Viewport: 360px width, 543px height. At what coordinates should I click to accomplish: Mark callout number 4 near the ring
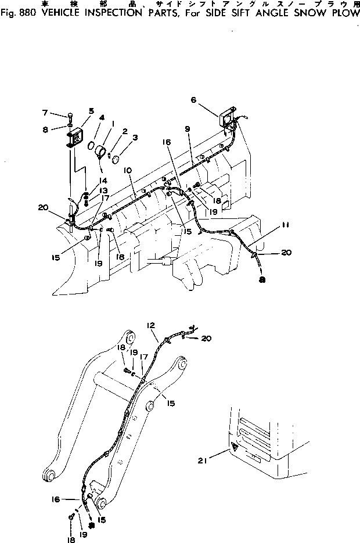(102, 117)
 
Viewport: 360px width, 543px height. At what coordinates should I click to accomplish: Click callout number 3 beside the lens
(135, 138)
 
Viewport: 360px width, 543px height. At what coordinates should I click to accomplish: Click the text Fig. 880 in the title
(16, 13)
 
